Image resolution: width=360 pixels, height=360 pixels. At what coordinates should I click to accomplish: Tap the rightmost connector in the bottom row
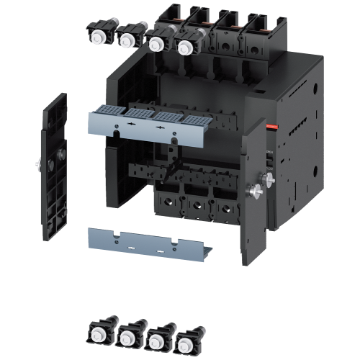click(189, 338)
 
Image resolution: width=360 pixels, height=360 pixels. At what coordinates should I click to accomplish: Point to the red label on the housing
click(273, 127)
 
